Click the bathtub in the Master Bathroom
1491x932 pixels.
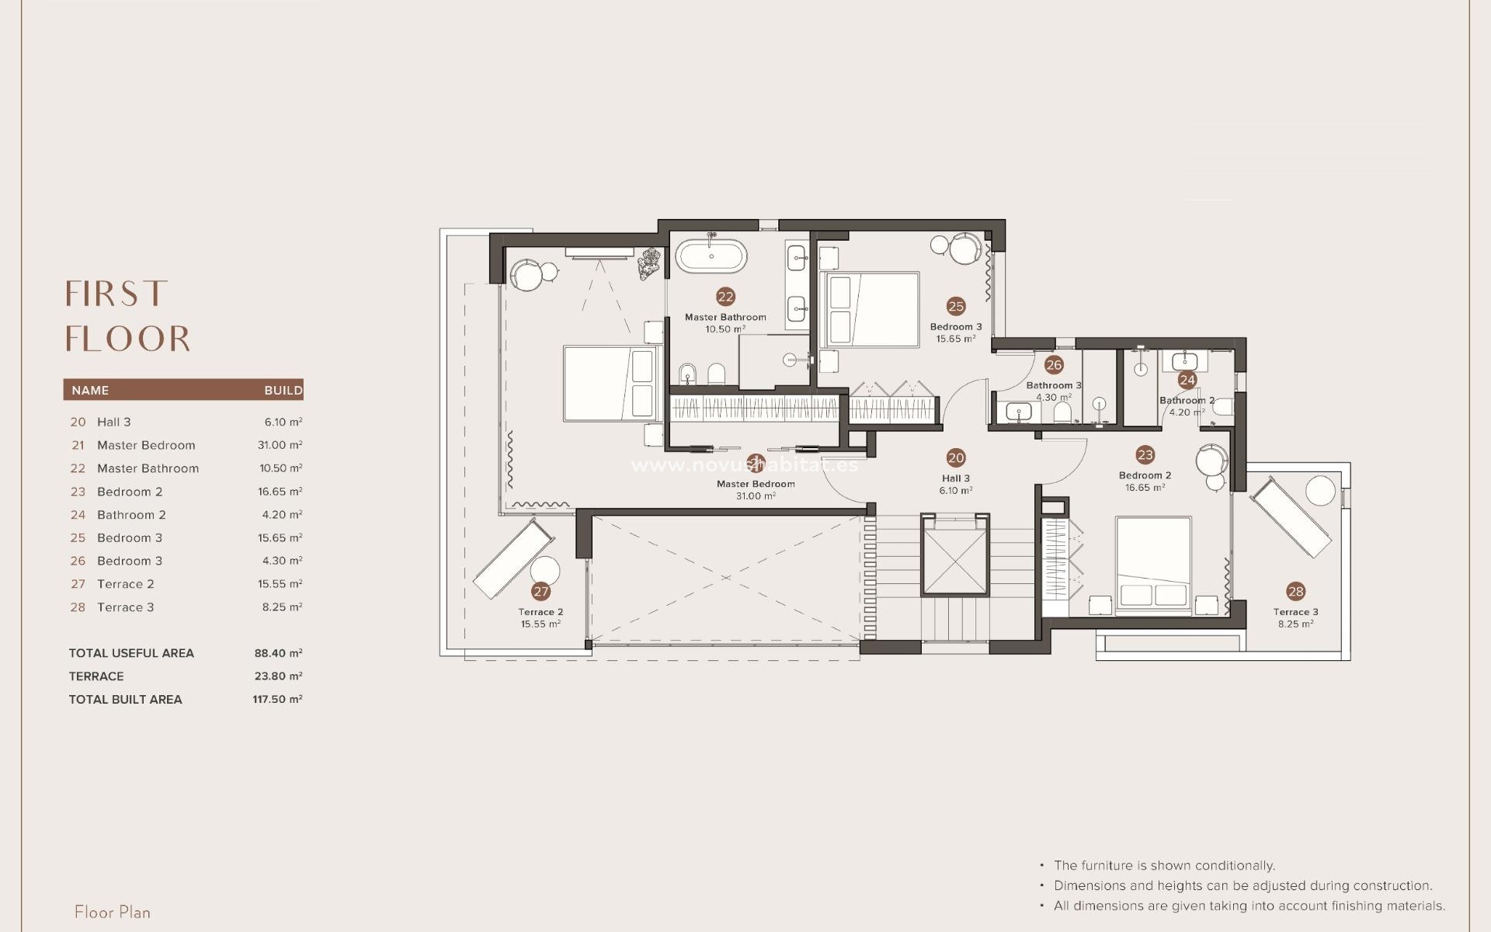711,256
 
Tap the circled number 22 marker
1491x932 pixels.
725,297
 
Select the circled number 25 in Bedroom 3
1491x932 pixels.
956,307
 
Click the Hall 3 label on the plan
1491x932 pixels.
956,478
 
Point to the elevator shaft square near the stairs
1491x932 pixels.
955,554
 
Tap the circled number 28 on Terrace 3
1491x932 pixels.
1295,592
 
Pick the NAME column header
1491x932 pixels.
90,390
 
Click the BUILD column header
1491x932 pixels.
283,390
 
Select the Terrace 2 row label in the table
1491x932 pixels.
125,584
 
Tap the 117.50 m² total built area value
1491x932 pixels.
277,699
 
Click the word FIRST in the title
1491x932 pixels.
116,294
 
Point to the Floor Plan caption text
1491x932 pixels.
113,912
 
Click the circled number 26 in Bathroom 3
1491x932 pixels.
1054,365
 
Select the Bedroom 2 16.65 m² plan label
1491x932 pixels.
1145,482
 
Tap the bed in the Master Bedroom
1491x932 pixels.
610,384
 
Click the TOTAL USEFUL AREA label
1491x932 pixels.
131,653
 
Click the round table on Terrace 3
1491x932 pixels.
1320,491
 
